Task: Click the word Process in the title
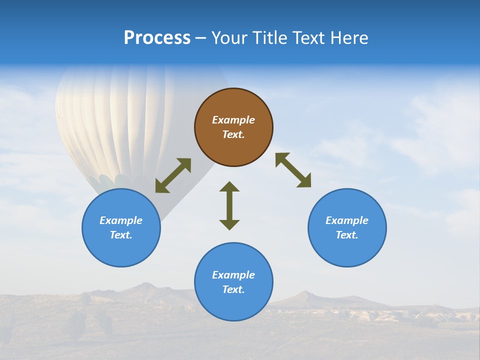click(x=157, y=38)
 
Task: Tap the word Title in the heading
click(x=271, y=38)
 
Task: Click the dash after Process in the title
click(x=200, y=39)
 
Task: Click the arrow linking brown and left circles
click(x=173, y=175)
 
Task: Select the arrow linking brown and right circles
click(x=293, y=170)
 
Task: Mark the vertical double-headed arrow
click(x=229, y=205)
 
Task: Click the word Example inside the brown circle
click(x=233, y=120)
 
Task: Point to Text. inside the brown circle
click(x=233, y=134)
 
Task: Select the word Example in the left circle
click(x=121, y=220)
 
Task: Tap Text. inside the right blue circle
click(x=347, y=235)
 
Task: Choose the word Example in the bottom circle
click(x=233, y=275)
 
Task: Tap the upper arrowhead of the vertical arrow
click(x=229, y=186)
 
